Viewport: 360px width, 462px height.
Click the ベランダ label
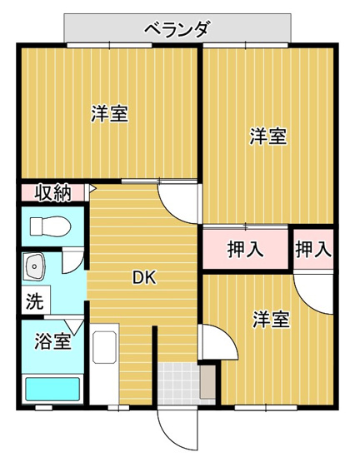click(177, 29)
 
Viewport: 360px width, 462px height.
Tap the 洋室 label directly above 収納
click(109, 114)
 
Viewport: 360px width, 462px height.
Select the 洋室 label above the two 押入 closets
click(267, 137)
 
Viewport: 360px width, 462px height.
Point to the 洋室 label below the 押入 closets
click(271, 319)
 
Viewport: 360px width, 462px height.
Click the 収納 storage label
click(52, 193)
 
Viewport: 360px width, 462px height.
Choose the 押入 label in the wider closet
click(245, 249)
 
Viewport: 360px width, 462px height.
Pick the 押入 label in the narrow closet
click(313, 248)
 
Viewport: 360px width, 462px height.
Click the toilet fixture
click(51, 225)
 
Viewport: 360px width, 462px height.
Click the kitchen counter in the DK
click(104, 367)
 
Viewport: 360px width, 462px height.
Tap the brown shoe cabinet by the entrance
click(207, 384)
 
